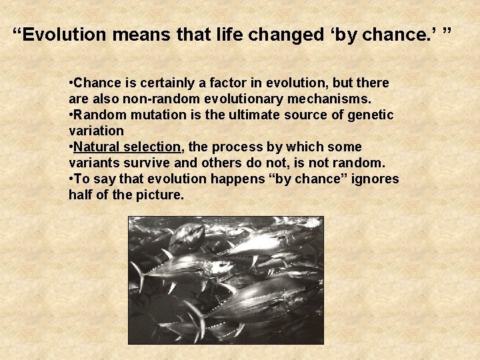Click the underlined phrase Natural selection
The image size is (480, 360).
tap(127, 147)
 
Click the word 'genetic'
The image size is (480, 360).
tap(371, 115)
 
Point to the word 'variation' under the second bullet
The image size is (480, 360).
tap(96, 131)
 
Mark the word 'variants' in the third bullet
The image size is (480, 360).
tap(93, 163)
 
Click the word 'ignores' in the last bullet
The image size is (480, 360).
tap(377, 179)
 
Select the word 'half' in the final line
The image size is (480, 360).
tap(81, 195)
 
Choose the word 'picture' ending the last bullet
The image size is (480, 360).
tap(159, 195)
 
